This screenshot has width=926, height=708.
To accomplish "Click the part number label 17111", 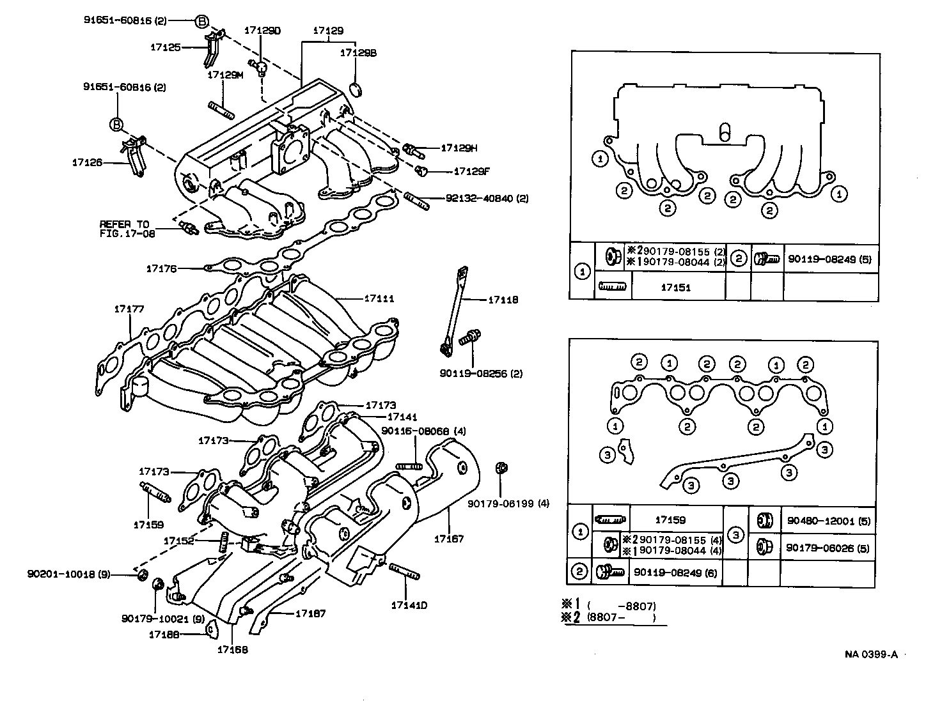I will click(379, 298).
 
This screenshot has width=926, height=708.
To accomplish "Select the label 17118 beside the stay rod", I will click(503, 300).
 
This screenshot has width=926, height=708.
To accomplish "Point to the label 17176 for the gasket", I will click(161, 269).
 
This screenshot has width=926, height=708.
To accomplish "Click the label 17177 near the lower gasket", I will click(129, 309).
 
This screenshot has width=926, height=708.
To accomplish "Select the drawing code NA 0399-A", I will click(871, 654).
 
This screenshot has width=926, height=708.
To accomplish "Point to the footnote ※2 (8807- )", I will click(609, 618).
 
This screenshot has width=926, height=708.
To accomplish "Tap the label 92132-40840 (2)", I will click(487, 198).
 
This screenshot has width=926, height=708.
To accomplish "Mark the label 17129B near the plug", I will click(358, 54).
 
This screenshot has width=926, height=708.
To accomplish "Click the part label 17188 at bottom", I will click(163, 634).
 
